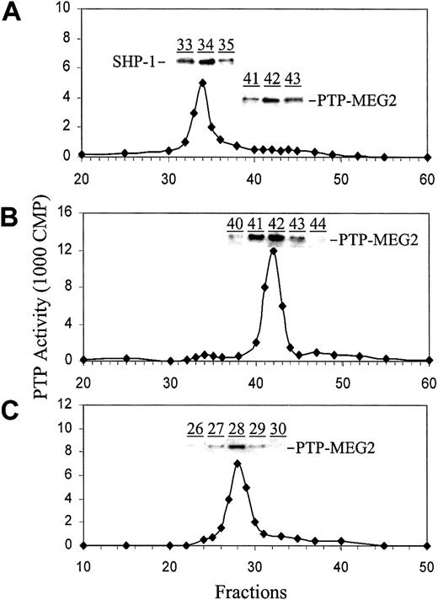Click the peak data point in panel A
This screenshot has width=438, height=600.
[202, 83]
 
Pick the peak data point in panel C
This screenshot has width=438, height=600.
[238, 463]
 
